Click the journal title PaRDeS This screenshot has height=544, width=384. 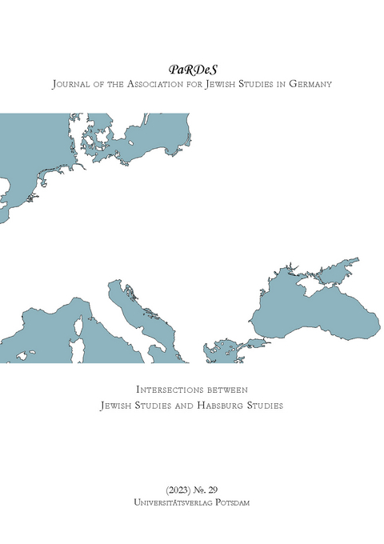(x=191, y=70)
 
